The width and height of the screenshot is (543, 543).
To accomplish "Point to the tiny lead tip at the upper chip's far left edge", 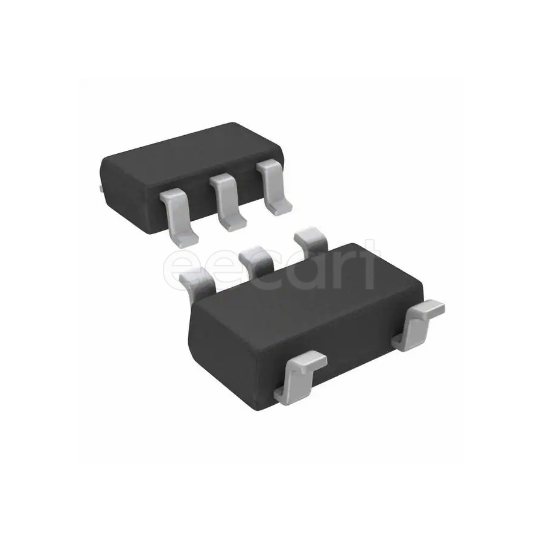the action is tap(100, 189).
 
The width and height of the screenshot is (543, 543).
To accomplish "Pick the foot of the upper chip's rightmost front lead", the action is tap(280, 208).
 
